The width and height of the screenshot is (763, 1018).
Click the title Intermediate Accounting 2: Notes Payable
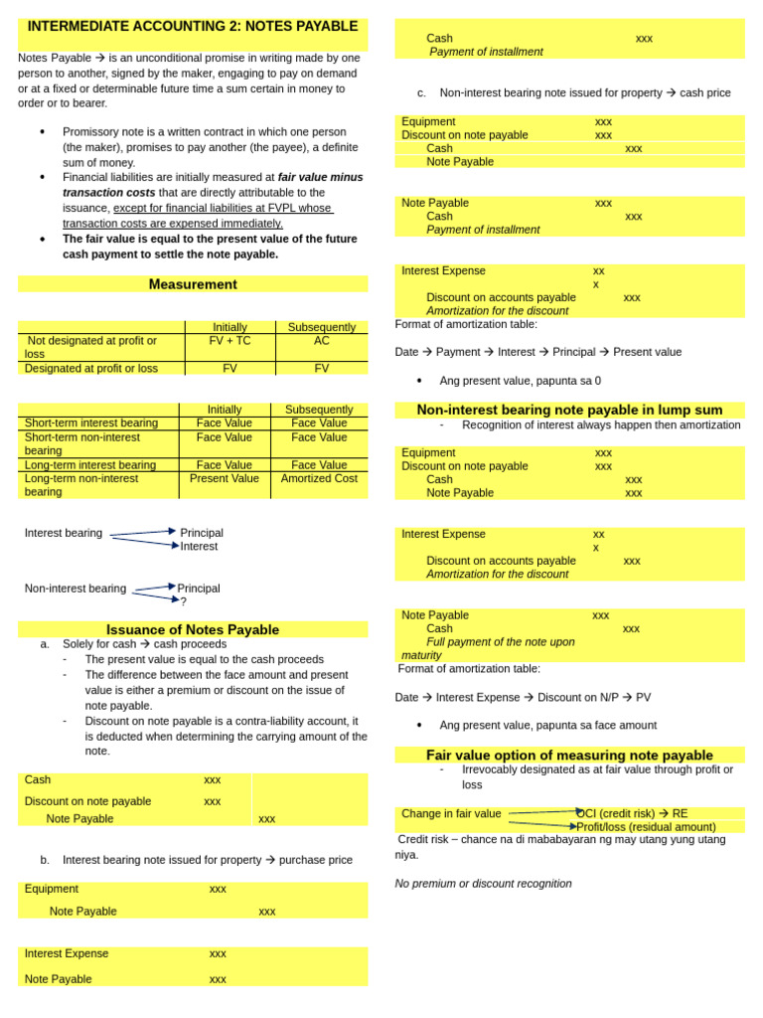coord(193,26)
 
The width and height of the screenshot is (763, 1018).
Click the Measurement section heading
coord(193,284)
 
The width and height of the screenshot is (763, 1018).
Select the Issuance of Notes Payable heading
coord(193,629)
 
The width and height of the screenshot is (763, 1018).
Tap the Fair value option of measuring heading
coord(569,755)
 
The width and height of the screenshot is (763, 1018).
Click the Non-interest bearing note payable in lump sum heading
coord(569,410)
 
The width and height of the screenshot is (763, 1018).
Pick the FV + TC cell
coord(229,341)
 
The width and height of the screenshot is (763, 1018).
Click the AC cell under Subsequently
coord(321,341)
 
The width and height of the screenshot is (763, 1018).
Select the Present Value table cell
coord(224,478)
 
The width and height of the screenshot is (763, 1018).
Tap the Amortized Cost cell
coord(319,478)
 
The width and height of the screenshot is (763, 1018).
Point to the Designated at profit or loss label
coord(91,368)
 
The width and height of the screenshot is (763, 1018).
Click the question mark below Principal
coord(183,601)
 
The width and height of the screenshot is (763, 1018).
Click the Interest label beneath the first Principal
coord(199,546)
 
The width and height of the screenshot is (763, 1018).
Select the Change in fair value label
coord(451,813)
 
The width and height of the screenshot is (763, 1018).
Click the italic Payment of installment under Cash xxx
coord(486,52)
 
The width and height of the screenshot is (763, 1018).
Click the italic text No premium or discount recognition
coord(483,883)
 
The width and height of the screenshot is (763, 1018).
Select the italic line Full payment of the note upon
coord(501,642)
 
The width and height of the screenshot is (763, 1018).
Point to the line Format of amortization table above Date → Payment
coord(466,324)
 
